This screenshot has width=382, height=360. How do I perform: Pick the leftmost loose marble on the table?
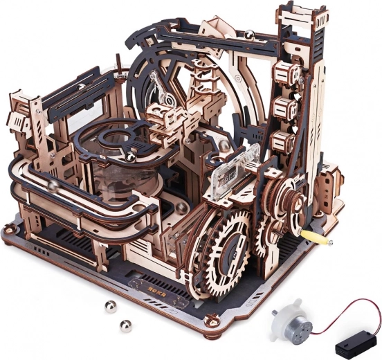tap(110, 306)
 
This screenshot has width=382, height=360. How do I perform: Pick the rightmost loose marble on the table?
tap(125, 324)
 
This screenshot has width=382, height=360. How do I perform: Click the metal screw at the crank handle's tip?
tap(330, 242)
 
